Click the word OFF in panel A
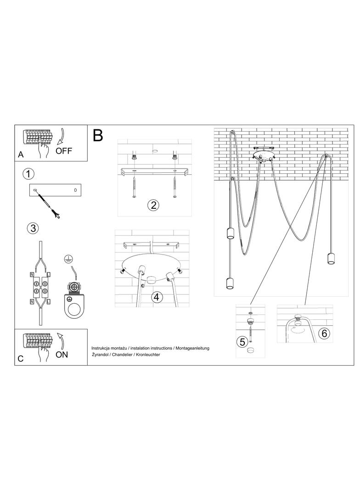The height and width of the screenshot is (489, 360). coord(64,151)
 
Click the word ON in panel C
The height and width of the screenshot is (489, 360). coord(62,355)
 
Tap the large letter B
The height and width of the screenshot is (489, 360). coord(98,136)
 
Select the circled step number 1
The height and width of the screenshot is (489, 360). coord(28,174)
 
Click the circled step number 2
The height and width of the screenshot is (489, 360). coord(153,205)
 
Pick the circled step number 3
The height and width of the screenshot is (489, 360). coord(33,228)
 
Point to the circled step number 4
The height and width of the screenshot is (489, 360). coord(157,297)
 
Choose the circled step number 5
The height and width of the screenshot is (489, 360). coord(242,342)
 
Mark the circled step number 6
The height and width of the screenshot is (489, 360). coord(324,333)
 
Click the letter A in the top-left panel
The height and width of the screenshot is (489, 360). coord(21,155)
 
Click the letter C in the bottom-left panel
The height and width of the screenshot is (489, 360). coord(21,359)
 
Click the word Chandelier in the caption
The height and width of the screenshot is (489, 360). coord(123,355)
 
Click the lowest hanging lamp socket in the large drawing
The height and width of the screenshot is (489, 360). coord(230,283)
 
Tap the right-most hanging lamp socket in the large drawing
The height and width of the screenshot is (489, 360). coord(331,259)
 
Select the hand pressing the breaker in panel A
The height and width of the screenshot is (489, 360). coord(44,147)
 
